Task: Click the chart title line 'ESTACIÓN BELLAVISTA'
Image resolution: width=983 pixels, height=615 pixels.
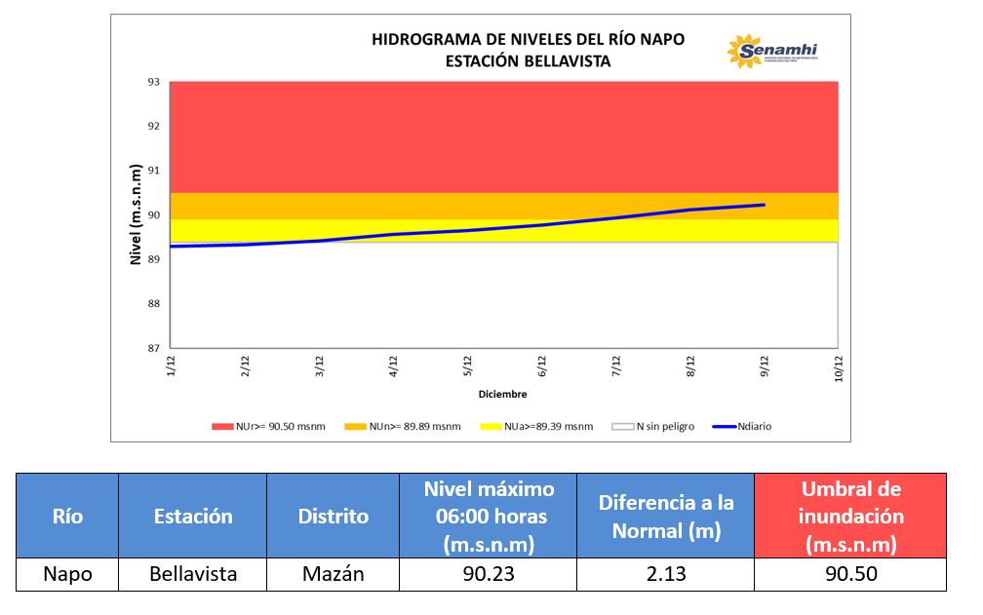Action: [528, 60]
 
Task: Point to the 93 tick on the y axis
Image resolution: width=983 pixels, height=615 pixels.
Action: [154, 82]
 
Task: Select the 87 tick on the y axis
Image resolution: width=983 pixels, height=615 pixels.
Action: [154, 348]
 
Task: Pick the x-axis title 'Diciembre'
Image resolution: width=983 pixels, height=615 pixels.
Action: [502, 395]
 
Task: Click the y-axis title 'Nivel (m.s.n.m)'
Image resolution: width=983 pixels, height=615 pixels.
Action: [137, 215]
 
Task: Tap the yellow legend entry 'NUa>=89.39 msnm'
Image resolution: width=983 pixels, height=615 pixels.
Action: [537, 426]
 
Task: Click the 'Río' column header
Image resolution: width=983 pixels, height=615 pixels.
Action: [67, 516]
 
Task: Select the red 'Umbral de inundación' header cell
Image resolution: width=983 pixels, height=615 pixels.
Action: [850, 516]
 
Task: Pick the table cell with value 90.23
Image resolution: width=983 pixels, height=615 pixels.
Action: [488, 574]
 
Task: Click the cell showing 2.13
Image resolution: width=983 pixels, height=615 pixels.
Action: [665, 574]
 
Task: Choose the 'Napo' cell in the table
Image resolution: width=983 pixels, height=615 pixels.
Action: [67, 574]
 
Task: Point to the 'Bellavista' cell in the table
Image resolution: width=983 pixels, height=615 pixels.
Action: [193, 574]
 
